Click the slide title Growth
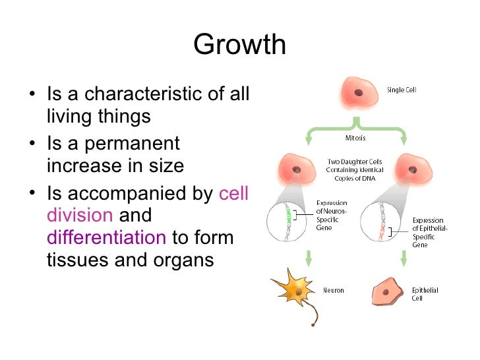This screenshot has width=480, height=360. pos(240,45)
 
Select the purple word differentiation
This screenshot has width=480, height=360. pos(106,237)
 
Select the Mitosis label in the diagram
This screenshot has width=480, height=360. pos(355,138)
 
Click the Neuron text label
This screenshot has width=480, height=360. pos(333,290)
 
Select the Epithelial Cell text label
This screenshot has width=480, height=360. pos(425,294)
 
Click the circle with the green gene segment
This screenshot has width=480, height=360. pos(285,222)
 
